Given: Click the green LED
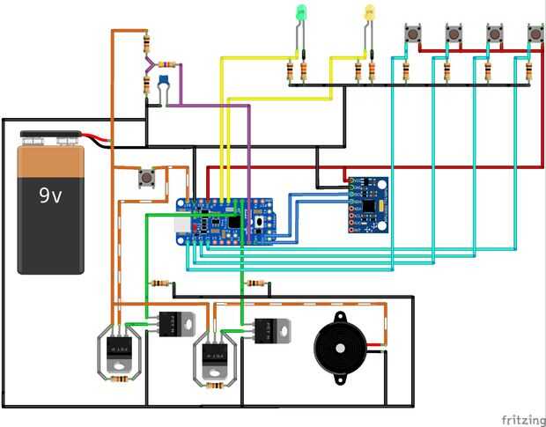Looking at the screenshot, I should pyautogui.click(x=301, y=13).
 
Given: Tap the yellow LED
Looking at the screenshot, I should pyautogui.click(x=370, y=13).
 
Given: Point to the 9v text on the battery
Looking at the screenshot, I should pyautogui.click(x=49, y=196).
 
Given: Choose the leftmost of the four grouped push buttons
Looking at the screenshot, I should pyautogui.click(x=411, y=34).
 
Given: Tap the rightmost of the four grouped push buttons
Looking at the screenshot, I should pyautogui.click(x=535, y=34).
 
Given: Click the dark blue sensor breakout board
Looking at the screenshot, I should pyautogui.click(x=368, y=204).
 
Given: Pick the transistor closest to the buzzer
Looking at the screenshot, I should pyautogui.click(x=269, y=330).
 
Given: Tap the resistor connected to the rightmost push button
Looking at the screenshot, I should pyautogui.click(x=528, y=70).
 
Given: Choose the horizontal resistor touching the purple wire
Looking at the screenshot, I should pyautogui.click(x=167, y=64).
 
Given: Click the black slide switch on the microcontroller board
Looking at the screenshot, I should pyautogui.click(x=233, y=223).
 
